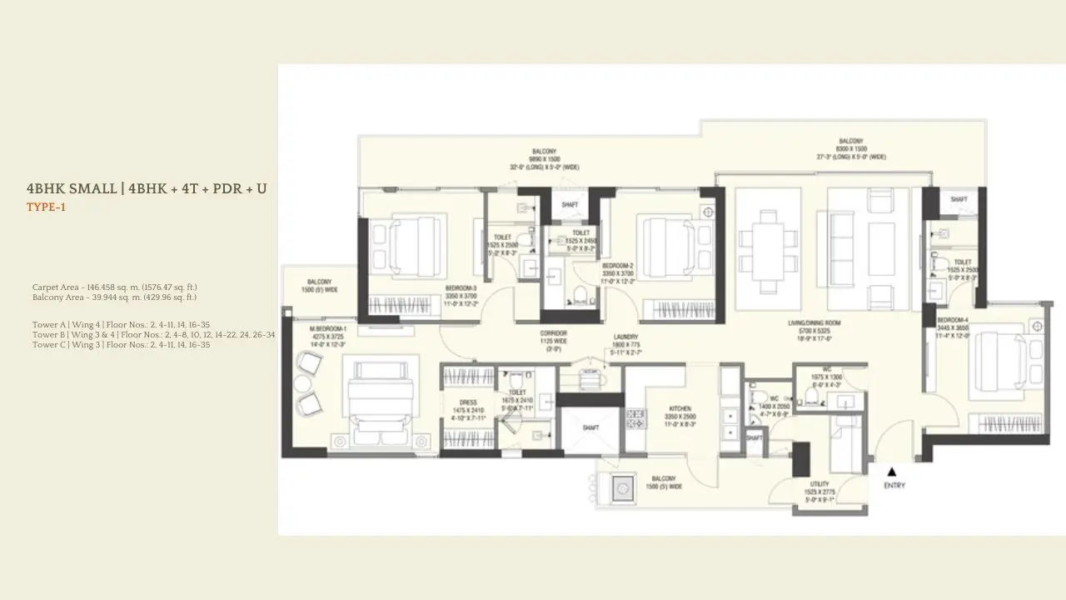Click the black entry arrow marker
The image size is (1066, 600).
tap(892, 472)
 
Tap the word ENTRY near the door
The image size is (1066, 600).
tap(894, 486)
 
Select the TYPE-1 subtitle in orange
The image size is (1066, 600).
tap(46, 207)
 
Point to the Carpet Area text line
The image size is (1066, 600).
tap(113, 287)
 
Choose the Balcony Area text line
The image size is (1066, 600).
tap(114, 297)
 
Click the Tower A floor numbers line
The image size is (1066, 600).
tap(121, 324)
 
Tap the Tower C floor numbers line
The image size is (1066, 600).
tap(121, 344)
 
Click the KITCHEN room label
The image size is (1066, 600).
tap(680, 409)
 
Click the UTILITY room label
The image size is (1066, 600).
tap(819, 483)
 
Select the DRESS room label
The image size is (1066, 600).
tap(467, 402)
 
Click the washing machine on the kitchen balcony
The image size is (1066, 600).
tap(622, 488)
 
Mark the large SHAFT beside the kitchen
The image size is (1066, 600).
tap(590, 428)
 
